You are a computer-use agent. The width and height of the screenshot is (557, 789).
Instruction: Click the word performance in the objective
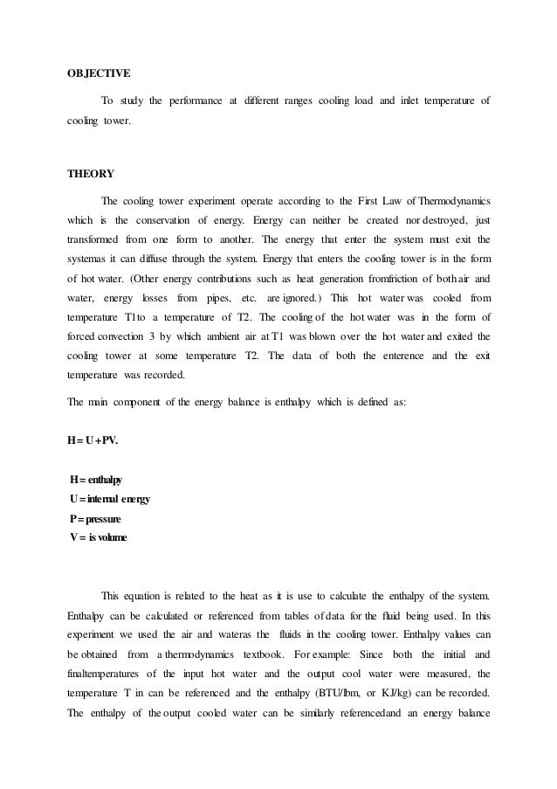coord(197,103)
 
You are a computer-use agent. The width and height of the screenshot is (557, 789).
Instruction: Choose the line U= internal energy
coord(109,498)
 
